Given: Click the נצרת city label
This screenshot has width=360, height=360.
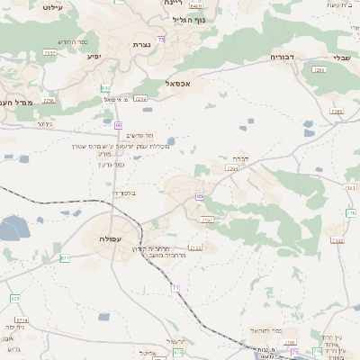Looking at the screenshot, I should [140, 45].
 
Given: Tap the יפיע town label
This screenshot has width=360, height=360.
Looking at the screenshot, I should [94, 57].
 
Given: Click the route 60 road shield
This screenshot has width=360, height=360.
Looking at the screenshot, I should [118, 125].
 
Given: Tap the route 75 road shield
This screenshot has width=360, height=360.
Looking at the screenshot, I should [161, 40].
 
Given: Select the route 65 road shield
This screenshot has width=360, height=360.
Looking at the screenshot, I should [198, 195].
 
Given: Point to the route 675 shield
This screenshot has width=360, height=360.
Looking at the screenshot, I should [15, 298].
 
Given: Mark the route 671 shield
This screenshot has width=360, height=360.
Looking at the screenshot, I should [65, 257].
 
